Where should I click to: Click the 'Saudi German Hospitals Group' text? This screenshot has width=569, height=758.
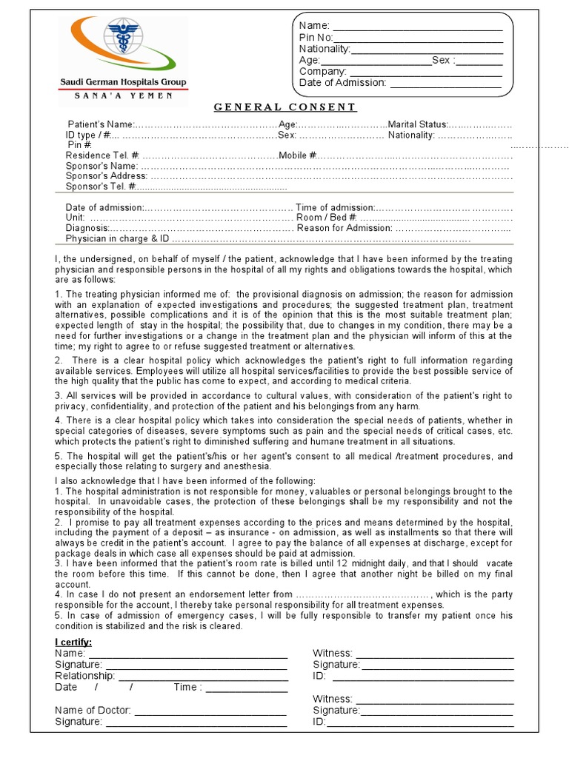click(x=123, y=82)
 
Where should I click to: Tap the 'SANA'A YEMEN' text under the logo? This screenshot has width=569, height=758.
click(x=124, y=95)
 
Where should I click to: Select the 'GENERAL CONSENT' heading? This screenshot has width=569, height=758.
click(x=285, y=107)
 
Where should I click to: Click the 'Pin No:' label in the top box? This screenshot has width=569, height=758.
click(x=316, y=38)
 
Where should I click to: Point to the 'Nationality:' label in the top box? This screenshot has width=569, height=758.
click(x=325, y=49)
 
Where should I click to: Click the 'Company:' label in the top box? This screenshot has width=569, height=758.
click(x=323, y=71)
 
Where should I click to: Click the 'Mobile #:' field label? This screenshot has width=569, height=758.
click(x=299, y=155)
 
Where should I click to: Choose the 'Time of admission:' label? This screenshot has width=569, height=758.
click(x=335, y=208)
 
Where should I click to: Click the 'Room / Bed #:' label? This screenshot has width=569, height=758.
click(x=327, y=218)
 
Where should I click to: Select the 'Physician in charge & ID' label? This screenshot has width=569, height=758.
click(x=118, y=239)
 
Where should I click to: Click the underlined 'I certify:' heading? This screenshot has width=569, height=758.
click(x=73, y=642)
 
